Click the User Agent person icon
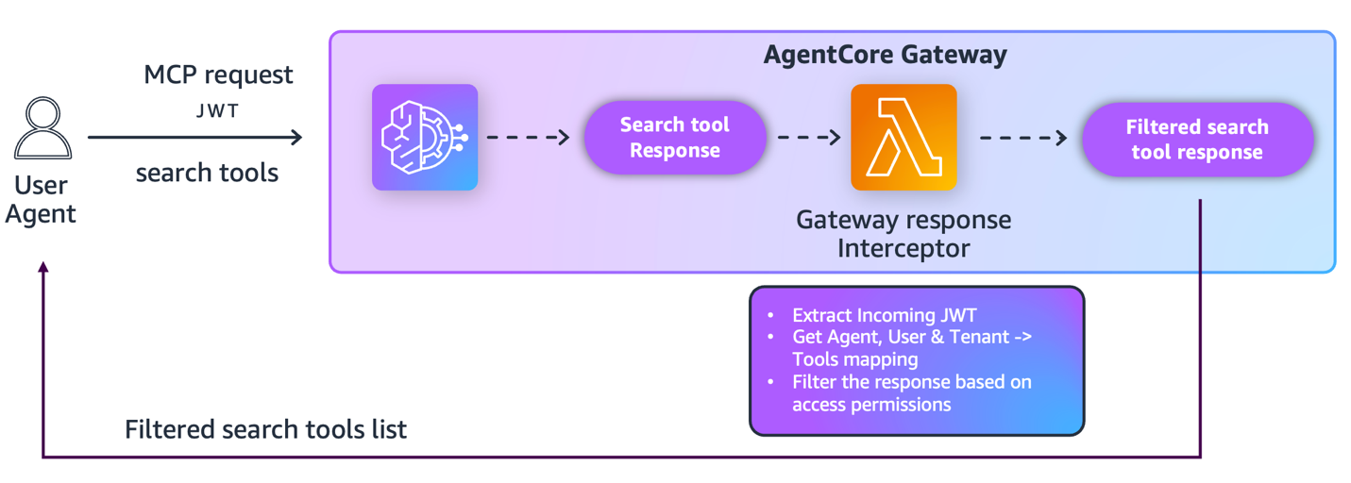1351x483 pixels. pyautogui.click(x=42, y=128)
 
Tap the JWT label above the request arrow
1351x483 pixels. pyautogui.click(x=218, y=111)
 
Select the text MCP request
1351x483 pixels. pyautogui.click(x=218, y=75)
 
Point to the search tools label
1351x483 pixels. pyautogui.click(x=207, y=173)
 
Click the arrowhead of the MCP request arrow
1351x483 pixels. pyautogui.click(x=296, y=138)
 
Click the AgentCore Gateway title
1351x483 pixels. pyautogui.click(x=885, y=55)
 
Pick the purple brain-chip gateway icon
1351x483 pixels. pyautogui.click(x=425, y=138)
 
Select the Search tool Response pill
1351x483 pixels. pyautogui.click(x=674, y=138)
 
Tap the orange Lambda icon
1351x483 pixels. pyautogui.click(x=903, y=138)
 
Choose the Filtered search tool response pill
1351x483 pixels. pyautogui.click(x=1197, y=140)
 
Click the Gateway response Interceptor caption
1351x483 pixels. pyautogui.click(x=903, y=234)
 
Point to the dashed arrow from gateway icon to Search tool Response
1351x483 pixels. pyautogui.click(x=529, y=138)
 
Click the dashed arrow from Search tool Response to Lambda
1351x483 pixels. pyautogui.click(x=808, y=138)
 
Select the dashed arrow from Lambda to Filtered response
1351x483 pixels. pyautogui.click(x=1023, y=138)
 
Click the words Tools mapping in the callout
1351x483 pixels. pyautogui.click(x=854, y=359)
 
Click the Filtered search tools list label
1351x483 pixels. pyautogui.click(x=265, y=430)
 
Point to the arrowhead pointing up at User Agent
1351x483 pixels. pyautogui.click(x=42, y=268)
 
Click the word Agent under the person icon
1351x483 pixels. pyautogui.click(x=41, y=213)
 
